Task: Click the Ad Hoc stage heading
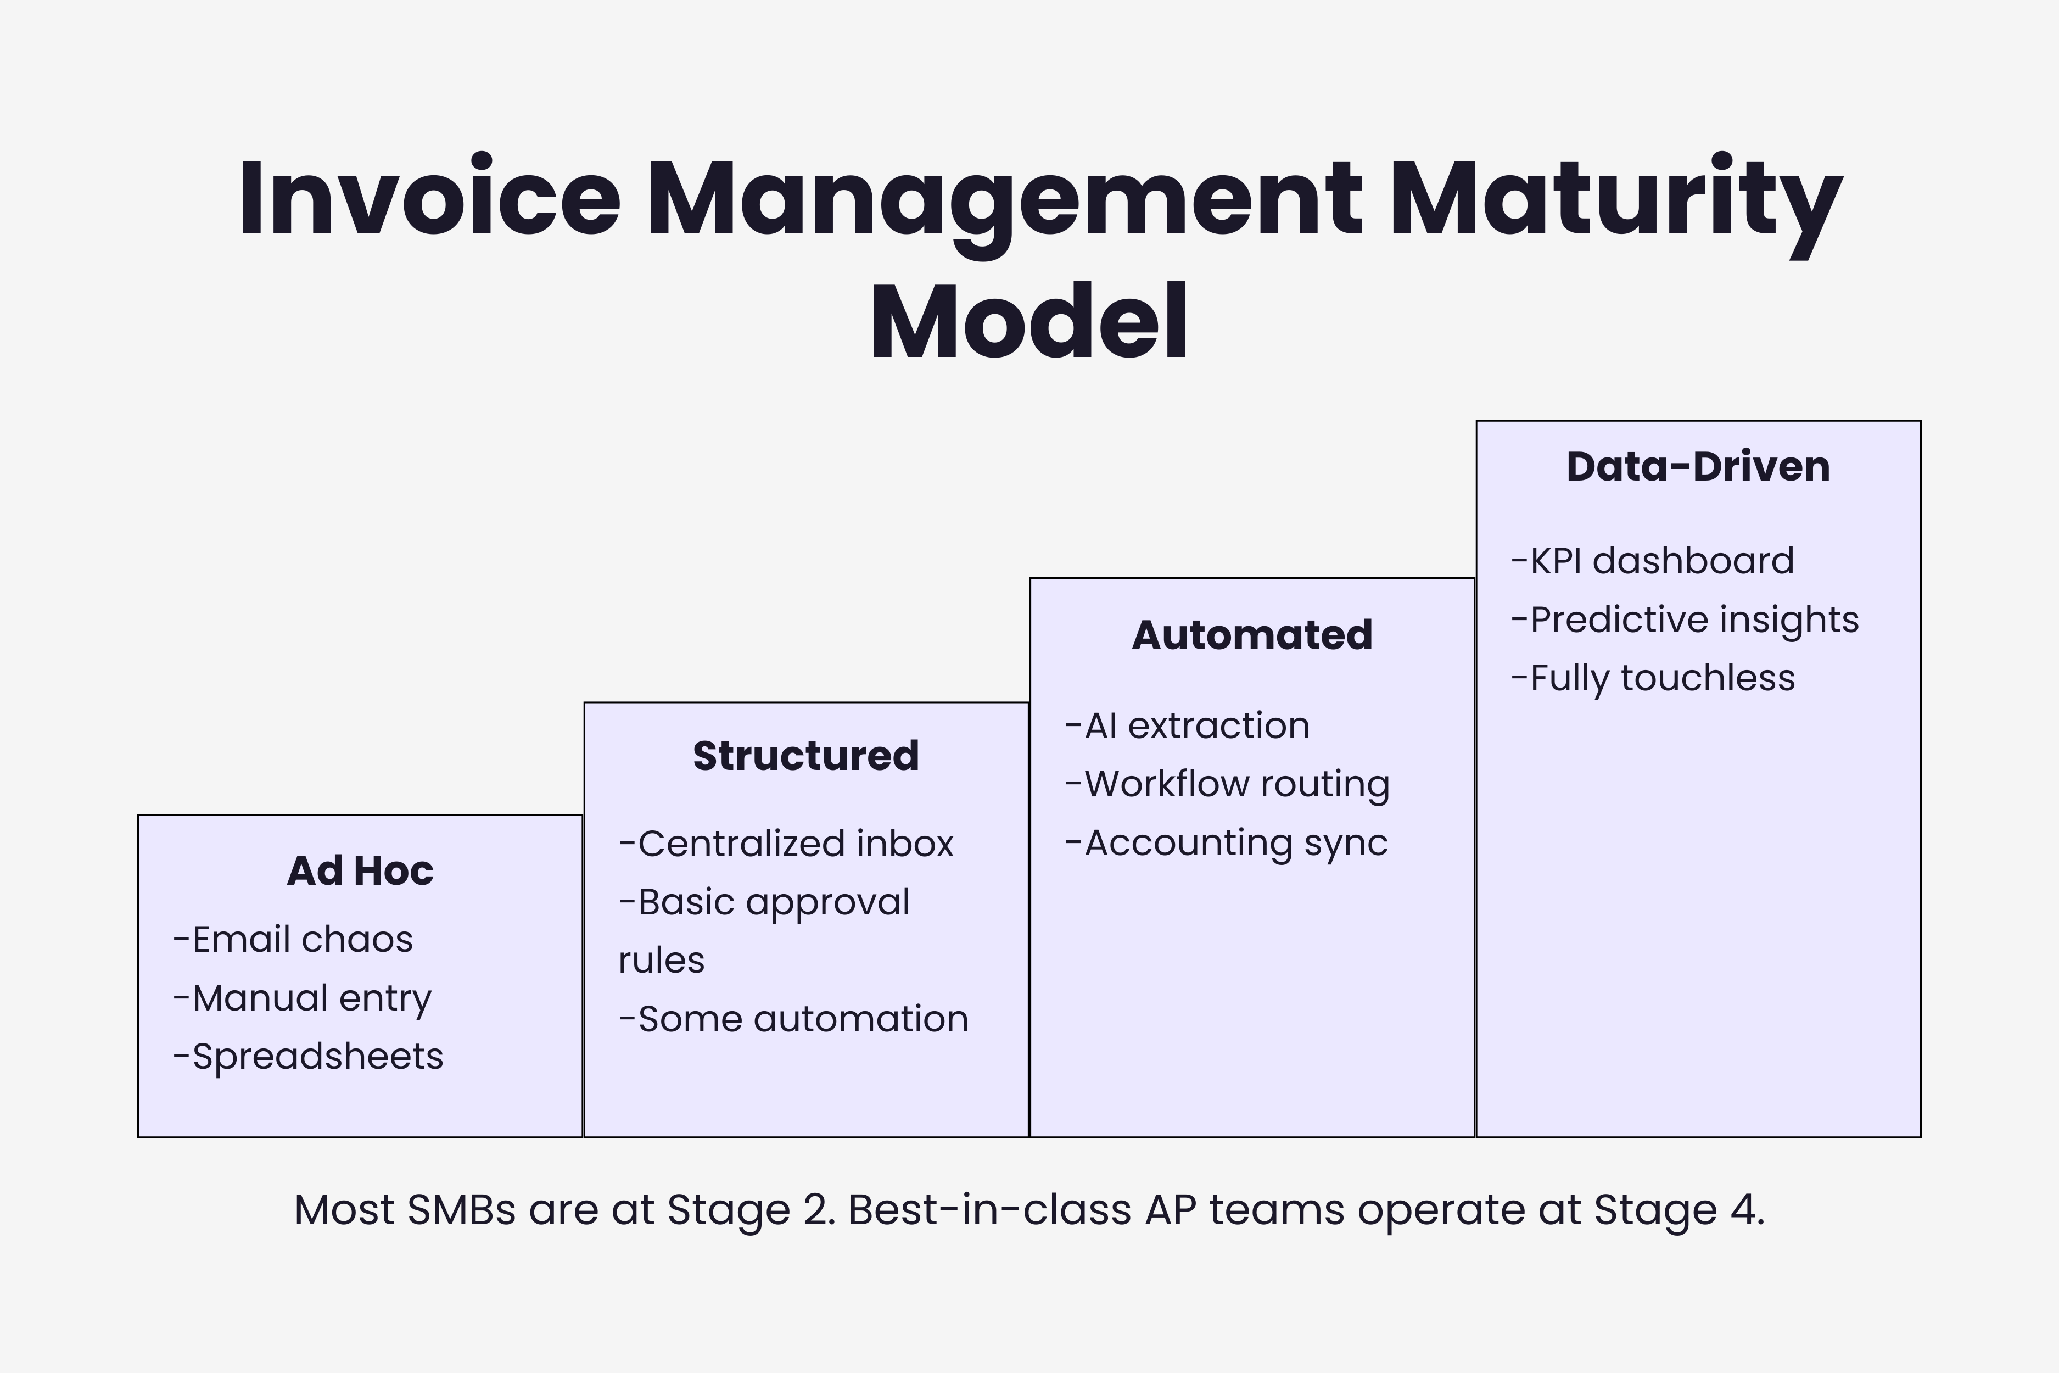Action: [x=360, y=870]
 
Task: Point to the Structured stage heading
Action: [x=805, y=756]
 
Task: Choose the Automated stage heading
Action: [x=1252, y=635]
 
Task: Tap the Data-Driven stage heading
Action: [x=1698, y=466]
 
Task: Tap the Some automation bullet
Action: [x=794, y=1019]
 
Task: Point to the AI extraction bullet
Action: [x=1187, y=726]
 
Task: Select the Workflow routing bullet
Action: [x=1227, y=785]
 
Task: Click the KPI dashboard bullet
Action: [x=1653, y=561]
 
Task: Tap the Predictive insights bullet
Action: [x=1685, y=620]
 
